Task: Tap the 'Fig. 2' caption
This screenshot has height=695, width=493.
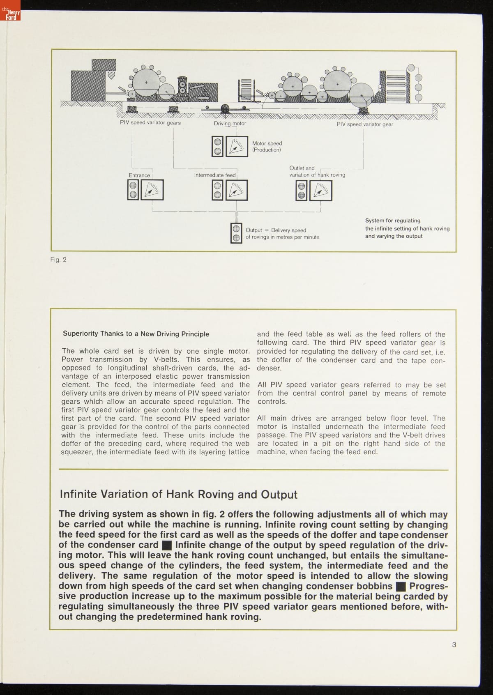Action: [58, 259]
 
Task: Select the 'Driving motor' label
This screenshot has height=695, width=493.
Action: [230, 123]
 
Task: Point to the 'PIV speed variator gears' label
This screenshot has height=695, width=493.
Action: [150, 122]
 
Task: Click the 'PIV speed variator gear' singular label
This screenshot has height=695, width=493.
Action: [364, 124]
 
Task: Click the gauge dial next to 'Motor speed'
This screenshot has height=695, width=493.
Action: [237, 146]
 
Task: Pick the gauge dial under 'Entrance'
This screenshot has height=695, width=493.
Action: [152, 190]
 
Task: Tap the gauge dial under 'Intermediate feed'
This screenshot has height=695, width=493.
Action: [237, 190]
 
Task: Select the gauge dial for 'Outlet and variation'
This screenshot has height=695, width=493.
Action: [320, 190]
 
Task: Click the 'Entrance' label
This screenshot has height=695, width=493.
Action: [139, 175]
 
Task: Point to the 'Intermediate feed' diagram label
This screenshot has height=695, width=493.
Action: [214, 175]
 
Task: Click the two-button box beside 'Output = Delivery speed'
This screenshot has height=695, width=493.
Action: [236, 233]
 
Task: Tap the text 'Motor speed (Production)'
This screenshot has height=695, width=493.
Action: [267, 147]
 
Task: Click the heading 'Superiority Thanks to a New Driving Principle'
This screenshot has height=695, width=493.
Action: [136, 334]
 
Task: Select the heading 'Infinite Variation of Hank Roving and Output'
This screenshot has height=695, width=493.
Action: [178, 494]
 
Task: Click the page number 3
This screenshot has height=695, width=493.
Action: [454, 644]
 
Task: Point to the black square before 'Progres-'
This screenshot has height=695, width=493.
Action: [401, 587]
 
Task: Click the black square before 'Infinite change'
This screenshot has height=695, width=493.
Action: [167, 545]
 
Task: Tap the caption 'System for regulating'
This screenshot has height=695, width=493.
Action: [392, 221]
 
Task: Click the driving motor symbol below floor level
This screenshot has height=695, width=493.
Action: [225, 109]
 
